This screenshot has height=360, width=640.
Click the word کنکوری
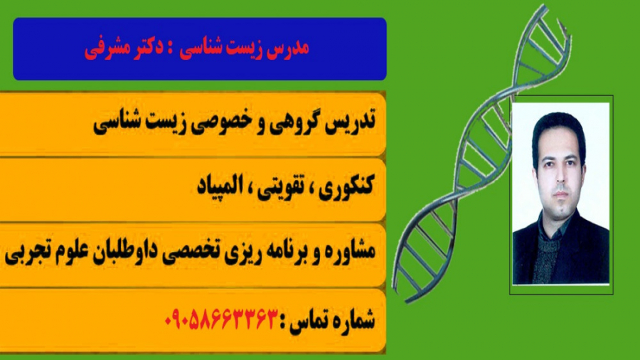click(346, 188)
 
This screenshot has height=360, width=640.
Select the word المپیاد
click(217, 188)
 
